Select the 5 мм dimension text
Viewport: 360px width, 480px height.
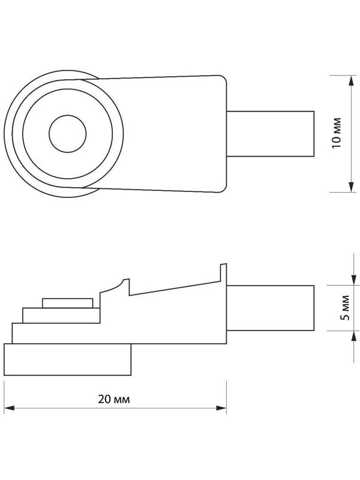tap(343, 307)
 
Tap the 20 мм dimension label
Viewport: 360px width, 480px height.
tap(115, 399)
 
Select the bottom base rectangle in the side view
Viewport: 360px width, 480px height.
tap(67, 359)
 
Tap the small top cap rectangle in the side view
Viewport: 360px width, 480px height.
tap(67, 302)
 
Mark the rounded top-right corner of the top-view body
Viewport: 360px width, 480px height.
tap(222, 81)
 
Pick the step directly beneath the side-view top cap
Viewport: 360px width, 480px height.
tap(60, 315)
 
